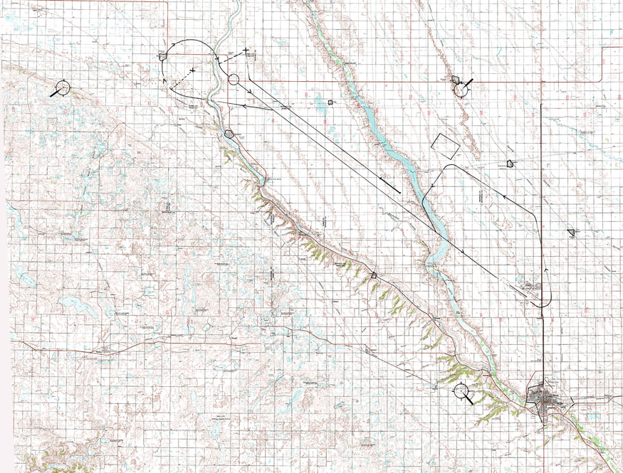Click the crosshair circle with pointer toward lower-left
63,87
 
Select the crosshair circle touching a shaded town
461,89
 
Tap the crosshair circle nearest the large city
461,391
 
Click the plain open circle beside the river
234,79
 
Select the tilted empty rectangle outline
445,144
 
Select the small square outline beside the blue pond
331,102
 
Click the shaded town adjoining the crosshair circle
456,80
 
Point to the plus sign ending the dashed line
246,51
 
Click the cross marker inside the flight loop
193,73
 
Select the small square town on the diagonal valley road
375,275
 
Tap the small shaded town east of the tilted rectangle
510,163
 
